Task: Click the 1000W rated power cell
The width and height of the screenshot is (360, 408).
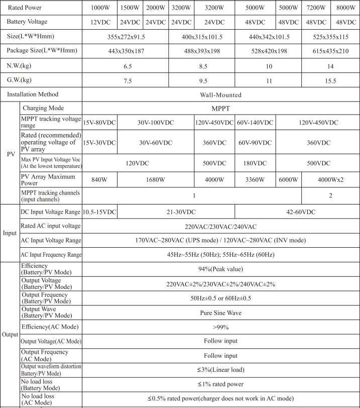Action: [x=99, y=8]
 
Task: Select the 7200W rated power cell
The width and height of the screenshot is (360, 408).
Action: [x=315, y=8]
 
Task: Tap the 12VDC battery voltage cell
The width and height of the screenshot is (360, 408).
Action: [x=99, y=23]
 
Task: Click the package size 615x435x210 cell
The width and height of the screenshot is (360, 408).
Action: [x=330, y=51]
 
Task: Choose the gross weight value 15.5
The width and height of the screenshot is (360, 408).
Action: [x=330, y=80]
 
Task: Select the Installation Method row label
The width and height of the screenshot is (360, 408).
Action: [x=33, y=94]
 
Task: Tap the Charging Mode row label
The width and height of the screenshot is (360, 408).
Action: [x=44, y=108]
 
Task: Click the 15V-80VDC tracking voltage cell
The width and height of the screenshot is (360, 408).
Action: [x=99, y=123]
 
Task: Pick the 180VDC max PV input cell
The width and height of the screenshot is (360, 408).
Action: [x=255, y=163]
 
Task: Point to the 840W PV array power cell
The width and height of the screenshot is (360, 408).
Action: [x=99, y=180]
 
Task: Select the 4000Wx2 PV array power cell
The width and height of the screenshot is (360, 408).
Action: [x=330, y=180]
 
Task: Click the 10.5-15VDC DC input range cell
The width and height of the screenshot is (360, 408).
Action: [x=99, y=213]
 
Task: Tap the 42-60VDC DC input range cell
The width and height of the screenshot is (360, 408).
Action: [x=297, y=213]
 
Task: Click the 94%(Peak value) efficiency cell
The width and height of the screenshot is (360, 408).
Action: [x=220, y=268]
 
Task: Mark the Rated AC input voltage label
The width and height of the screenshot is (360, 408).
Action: [x=50, y=226]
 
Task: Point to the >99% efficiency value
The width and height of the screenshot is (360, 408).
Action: [x=220, y=327]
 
